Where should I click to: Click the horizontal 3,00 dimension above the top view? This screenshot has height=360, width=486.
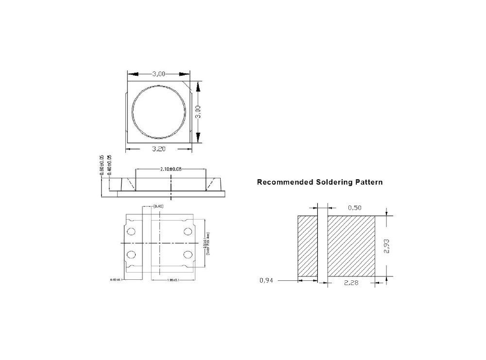158,74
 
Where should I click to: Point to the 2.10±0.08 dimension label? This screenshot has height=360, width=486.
171,170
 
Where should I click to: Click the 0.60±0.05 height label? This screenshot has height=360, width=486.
102,166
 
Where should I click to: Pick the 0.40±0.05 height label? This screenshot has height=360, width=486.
109,166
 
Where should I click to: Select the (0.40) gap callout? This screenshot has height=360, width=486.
158,206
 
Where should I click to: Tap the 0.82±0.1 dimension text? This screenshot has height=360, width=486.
117,280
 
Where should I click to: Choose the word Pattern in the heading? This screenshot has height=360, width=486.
368,183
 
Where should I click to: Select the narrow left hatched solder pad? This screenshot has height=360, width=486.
307,246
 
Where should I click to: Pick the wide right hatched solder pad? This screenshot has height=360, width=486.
351,246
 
